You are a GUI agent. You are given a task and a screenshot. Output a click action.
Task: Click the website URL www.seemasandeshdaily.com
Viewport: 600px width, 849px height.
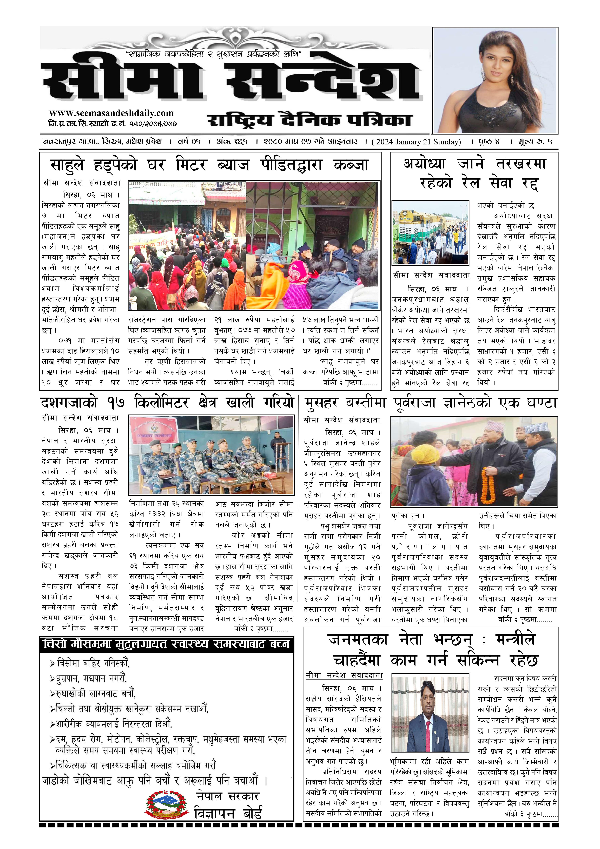111,113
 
